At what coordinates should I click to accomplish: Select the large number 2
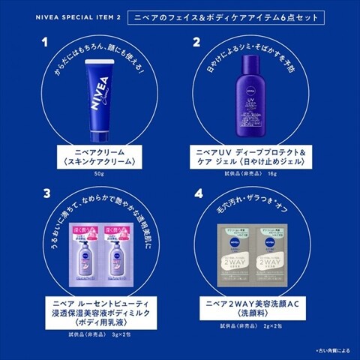(x=196, y=43)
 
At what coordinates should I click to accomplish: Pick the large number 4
(x=196, y=193)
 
